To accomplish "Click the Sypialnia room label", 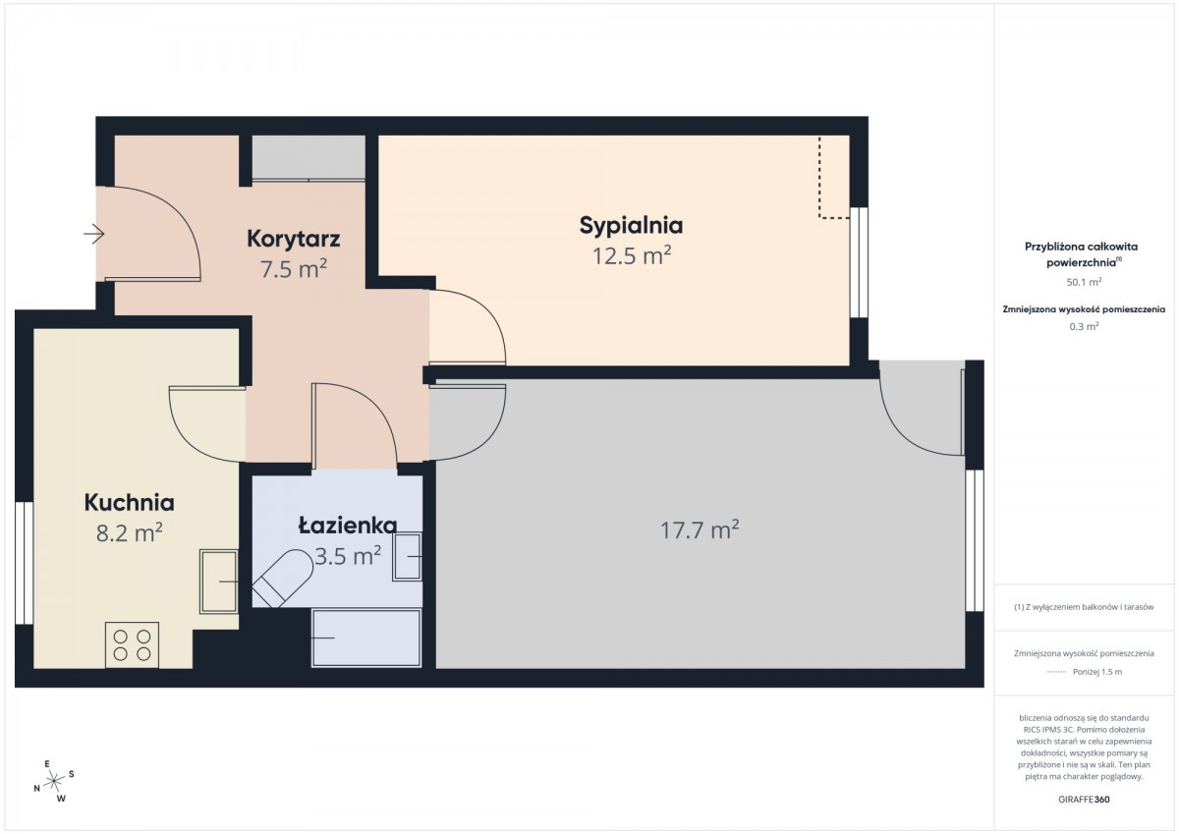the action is [x=631, y=226].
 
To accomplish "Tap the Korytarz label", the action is [x=293, y=239].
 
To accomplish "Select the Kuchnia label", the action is [x=130, y=503].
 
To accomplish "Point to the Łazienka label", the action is [x=348, y=526].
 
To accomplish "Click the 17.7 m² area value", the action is [x=700, y=529].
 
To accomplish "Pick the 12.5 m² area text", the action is [x=632, y=255].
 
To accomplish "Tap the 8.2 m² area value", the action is [x=129, y=532].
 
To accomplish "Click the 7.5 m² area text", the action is [x=294, y=269].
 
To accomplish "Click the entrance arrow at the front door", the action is [x=93, y=234].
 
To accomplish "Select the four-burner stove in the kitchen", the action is [x=132, y=645].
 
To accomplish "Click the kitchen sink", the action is [x=219, y=582].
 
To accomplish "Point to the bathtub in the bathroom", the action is [x=366, y=639].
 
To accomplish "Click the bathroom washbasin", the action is [x=407, y=557].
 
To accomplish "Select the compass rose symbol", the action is [x=54, y=781].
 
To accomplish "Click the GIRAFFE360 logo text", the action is [x=1085, y=800].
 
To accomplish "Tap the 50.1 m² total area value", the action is [x=1085, y=282].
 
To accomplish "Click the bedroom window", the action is [x=859, y=262].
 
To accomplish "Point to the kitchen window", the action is [x=24, y=563].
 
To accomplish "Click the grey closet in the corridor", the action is [x=309, y=158].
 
